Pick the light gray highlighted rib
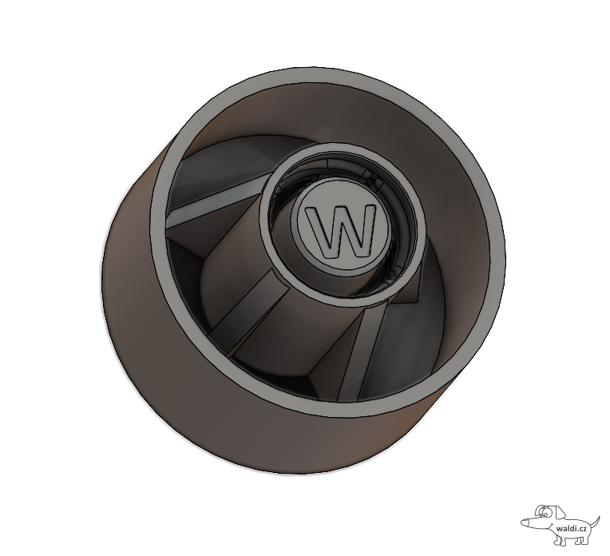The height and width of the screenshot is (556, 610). coord(218,195)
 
